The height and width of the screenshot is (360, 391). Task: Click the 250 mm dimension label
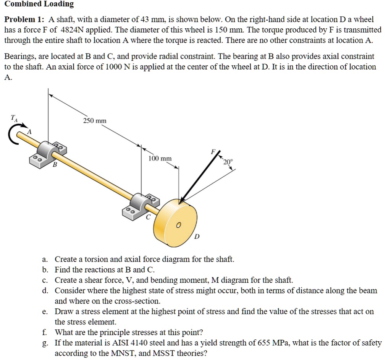coord(95,121)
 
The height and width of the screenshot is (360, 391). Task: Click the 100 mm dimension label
coord(160,158)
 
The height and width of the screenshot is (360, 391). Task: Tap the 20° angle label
coord(227,162)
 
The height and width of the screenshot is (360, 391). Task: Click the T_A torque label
coord(14,118)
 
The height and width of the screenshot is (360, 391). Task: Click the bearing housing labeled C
coord(143,202)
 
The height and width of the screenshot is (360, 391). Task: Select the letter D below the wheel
coord(197,237)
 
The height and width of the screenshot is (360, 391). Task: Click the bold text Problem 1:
coord(24,19)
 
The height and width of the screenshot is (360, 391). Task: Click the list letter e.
coord(44,311)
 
